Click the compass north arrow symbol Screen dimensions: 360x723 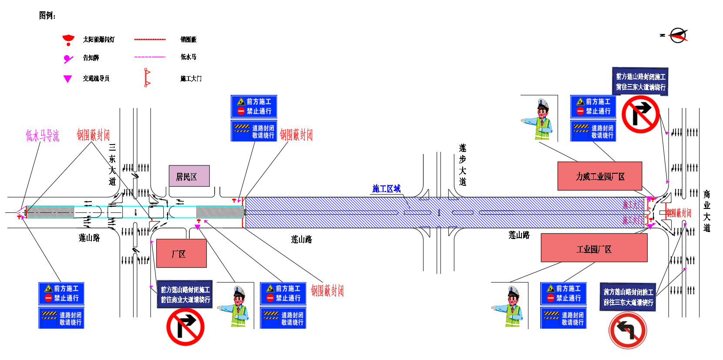pos(678,35)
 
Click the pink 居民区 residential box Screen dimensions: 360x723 pos(189,176)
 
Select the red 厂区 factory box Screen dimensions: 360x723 pos(181,253)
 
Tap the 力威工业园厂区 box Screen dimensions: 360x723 pos(599,176)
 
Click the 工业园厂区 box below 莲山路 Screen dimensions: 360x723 pos(594,248)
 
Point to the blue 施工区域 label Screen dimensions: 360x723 pos(386,188)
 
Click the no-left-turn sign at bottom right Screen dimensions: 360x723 pos(627,331)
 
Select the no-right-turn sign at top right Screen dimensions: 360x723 pos(640,114)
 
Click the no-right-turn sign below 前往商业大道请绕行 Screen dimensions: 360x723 pos(185,327)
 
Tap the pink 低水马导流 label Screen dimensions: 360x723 pos(42,136)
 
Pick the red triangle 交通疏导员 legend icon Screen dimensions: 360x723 pos(67,79)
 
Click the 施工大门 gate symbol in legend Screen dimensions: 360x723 pos(147,78)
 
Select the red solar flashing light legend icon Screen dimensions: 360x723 pos(68,40)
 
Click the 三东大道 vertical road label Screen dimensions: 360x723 pos(112,165)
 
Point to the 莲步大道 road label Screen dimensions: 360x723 pos(462,165)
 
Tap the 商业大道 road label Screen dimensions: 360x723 pos(706,211)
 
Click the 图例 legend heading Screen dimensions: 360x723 pos(47,16)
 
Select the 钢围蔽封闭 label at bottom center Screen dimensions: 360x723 pos(327,291)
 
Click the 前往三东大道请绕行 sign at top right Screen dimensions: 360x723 pos(640,81)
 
